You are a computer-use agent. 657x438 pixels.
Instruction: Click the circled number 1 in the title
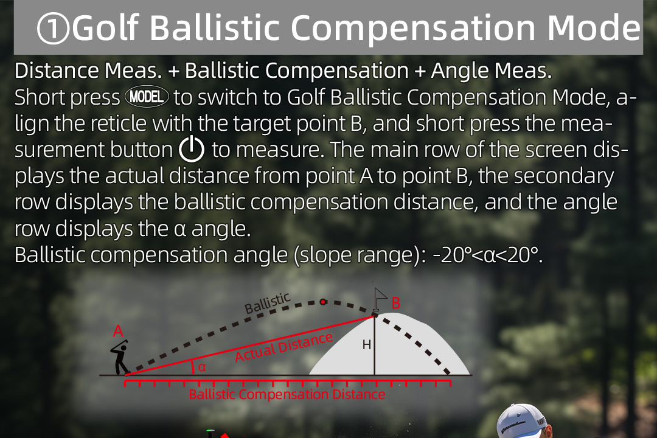[x=53, y=29]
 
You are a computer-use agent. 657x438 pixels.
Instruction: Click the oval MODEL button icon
[x=147, y=97]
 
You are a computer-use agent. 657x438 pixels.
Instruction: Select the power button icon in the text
[x=192, y=149]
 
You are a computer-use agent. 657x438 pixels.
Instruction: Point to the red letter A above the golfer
[x=118, y=331]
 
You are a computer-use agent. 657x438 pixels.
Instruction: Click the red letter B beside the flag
[x=395, y=303]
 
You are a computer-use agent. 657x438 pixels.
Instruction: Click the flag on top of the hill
[x=380, y=299]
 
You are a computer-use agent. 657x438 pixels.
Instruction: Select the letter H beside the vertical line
[x=367, y=344]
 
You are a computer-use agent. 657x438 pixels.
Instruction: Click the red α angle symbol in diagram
[x=202, y=367]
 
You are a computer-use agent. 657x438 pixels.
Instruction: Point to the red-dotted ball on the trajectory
[x=322, y=302]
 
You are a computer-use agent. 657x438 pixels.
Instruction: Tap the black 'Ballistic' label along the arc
[x=267, y=303]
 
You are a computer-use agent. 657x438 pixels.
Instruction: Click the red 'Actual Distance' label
[x=284, y=347]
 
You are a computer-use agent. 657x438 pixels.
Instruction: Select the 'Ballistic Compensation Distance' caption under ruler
[x=287, y=394]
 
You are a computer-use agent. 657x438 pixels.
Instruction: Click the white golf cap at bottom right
[x=523, y=421]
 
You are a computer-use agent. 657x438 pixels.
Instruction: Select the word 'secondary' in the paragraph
[x=564, y=176]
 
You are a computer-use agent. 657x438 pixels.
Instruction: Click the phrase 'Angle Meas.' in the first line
[x=492, y=71]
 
